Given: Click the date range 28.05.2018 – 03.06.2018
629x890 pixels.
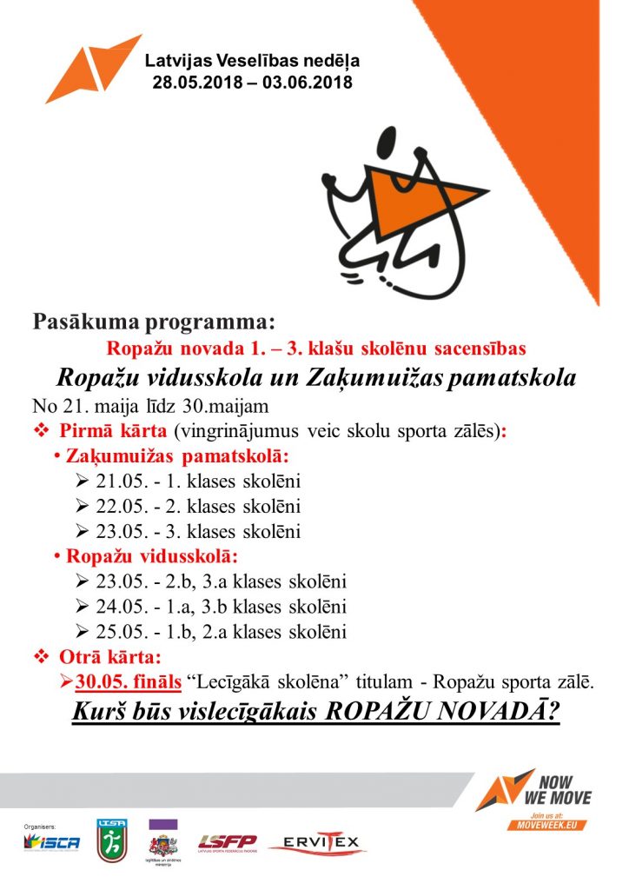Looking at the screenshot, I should pos(252,83).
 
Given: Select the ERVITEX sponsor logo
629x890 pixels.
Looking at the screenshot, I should pos(317,843).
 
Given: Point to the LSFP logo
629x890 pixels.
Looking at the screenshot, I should pos(228,841).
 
